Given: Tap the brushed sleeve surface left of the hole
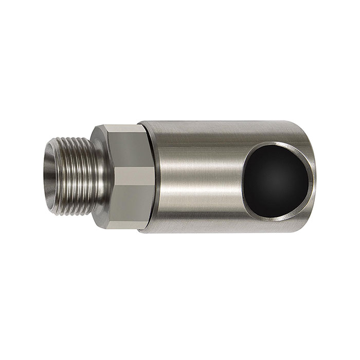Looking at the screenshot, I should [195, 177].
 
